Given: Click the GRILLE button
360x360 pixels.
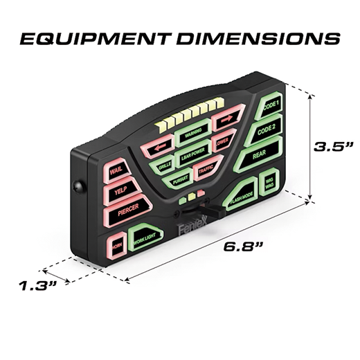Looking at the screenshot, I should pyautogui.click(x=165, y=166).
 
